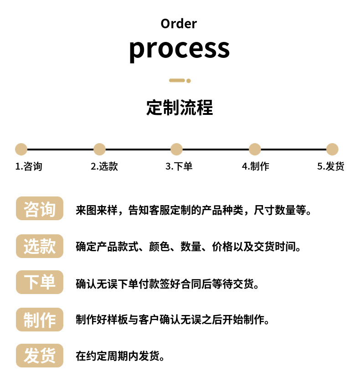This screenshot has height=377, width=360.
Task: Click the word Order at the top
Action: pyautogui.click(x=179, y=24)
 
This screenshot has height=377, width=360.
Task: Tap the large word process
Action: pyautogui.click(x=179, y=48)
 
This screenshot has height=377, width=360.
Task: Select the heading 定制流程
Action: pyautogui.click(x=180, y=108)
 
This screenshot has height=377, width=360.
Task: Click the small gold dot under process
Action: pyautogui.click(x=189, y=81)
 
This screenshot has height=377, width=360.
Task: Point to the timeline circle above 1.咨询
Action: pyautogui.click(x=21, y=149)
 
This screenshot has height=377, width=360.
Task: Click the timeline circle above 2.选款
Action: pyautogui.click(x=99, y=149)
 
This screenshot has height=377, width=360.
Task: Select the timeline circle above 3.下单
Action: pyautogui.click(x=176, y=149)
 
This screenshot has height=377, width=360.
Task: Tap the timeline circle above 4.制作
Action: pyautogui.click(x=255, y=149)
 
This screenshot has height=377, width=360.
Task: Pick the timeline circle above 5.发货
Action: pyautogui.click(x=332, y=149)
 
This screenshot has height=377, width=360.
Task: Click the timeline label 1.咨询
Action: pyautogui.click(x=29, y=166)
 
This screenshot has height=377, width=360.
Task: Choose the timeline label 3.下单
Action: pyautogui.click(x=179, y=166)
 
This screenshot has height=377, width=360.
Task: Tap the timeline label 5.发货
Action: pyautogui.click(x=330, y=166)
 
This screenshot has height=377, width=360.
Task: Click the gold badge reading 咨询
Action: pyautogui.click(x=40, y=209)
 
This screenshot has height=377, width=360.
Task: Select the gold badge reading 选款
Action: pyautogui.click(x=40, y=246)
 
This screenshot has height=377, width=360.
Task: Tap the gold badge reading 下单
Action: pyautogui.click(x=40, y=282)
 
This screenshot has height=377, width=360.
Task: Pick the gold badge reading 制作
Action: pyautogui.click(x=40, y=319)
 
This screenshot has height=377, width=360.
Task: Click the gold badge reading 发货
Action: pyautogui.click(x=40, y=356)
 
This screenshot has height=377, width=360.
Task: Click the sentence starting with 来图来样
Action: pyautogui.click(x=194, y=211)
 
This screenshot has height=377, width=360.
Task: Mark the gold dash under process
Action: pyautogui.click(x=177, y=81)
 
